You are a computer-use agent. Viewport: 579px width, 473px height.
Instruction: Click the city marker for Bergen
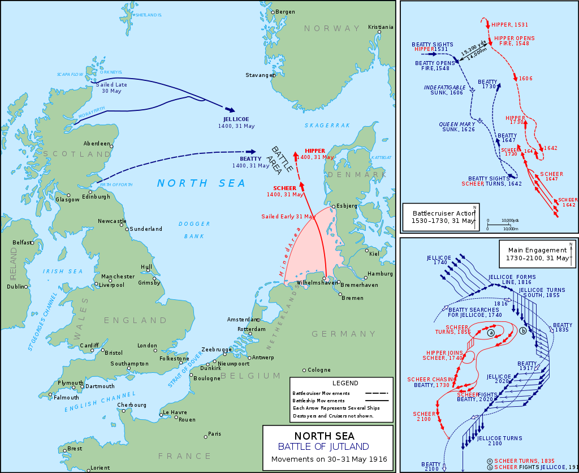[272, 12]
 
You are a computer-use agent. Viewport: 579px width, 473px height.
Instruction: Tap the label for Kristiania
[380, 27]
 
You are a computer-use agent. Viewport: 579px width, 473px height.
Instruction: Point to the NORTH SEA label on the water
[201, 183]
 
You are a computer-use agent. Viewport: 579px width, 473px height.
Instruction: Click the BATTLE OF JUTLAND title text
[328, 447]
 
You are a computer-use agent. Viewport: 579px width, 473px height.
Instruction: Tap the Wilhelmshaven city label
[305, 281]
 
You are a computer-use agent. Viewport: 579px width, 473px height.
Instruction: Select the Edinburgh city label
[96, 196]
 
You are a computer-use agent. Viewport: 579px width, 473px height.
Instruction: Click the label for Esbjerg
[347, 206]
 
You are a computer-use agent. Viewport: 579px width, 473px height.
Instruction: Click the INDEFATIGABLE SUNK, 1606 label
[443, 90]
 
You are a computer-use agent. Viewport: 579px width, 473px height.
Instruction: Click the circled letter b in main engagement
[523, 330]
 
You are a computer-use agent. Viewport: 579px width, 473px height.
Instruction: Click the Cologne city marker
[304, 370]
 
